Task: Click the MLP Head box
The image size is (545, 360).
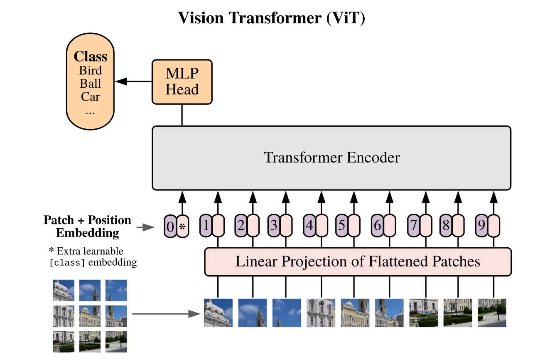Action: (182, 81)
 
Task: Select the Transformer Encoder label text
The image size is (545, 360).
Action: (331, 158)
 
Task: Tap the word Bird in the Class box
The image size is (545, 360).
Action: (90, 70)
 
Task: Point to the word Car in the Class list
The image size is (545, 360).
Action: (90, 97)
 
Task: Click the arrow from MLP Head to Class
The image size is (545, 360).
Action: (133, 81)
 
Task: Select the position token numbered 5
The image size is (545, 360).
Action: (341, 226)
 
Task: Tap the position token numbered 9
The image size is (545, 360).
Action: (481, 226)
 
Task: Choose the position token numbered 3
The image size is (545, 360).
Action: (274, 226)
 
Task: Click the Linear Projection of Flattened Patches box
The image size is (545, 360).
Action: (357, 262)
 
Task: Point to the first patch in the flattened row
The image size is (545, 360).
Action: (218, 313)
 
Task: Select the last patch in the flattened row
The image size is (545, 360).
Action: (492, 313)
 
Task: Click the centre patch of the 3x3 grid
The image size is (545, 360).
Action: (90, 316)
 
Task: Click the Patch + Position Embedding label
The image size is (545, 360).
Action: (87, 226)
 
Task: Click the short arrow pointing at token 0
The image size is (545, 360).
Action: (145, 227)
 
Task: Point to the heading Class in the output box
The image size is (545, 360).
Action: (90, 57)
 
